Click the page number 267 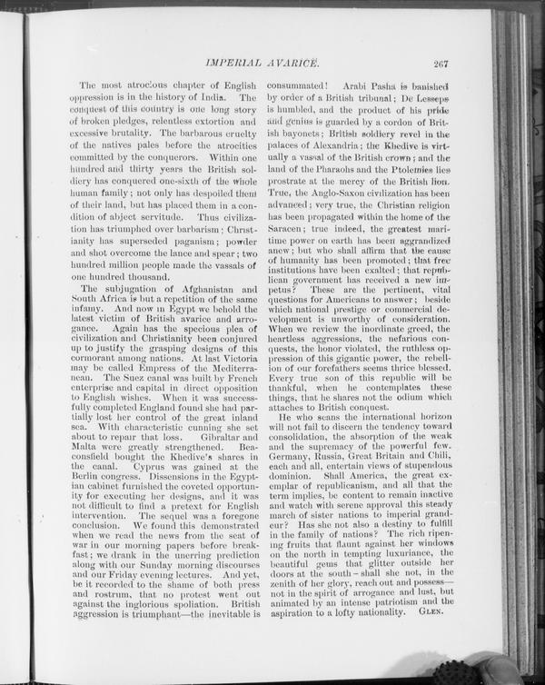coord(443,64)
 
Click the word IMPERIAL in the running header coord(236,64)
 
